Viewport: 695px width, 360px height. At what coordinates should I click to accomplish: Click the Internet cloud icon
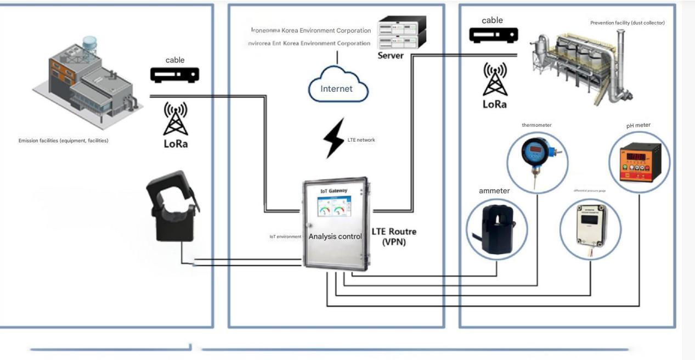(x=337, y=88)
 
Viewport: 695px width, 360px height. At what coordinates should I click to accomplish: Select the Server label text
(x=391, y=56)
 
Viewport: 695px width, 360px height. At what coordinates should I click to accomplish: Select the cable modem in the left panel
(x=175, y=75)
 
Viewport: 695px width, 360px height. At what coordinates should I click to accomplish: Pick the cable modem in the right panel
(x=493, y=35)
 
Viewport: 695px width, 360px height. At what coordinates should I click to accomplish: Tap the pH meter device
(x=639, y=162)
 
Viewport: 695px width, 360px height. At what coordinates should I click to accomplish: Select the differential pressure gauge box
(x=590, y=228)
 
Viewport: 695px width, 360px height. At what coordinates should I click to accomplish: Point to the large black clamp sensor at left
(x=172, y=205)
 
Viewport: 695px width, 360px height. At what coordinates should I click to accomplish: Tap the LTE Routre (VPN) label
(x=394, y=237)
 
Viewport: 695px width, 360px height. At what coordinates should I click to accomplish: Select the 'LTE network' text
(x=361, y=140)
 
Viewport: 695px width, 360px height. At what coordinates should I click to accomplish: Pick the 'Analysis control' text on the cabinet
(x=335, y=237)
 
